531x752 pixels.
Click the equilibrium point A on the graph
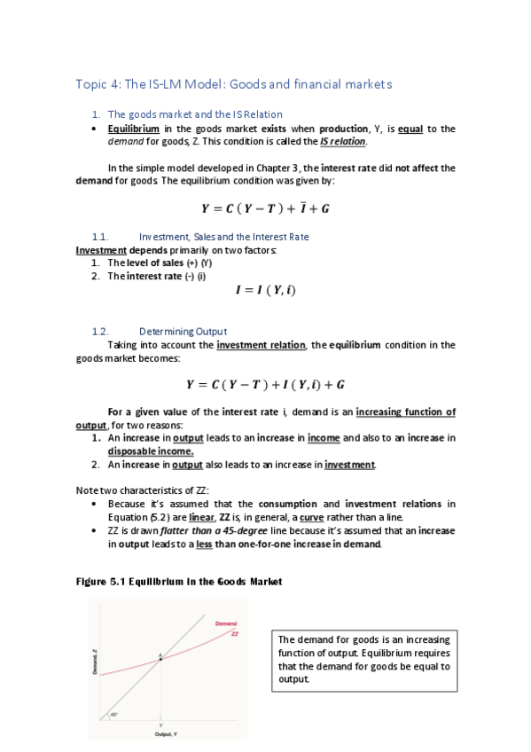tap(160, 659)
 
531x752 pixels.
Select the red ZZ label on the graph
tap(235, 633)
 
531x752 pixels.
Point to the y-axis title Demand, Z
tap(96, 661)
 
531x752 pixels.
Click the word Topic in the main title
tap(91, 84)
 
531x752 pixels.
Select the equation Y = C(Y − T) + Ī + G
tap(266, 209)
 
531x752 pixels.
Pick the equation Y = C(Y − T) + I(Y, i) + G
tap(266, 385)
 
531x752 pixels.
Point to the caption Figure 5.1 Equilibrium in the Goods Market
tap(177, 582)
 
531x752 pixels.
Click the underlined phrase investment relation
tap(259, 345)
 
